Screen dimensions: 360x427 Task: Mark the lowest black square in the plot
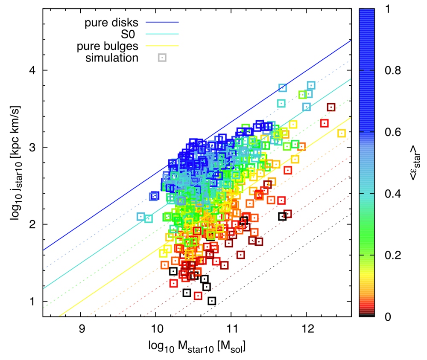[212, 301]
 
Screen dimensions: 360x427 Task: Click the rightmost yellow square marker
[342, 134]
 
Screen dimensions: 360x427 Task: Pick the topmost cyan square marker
[311, 85]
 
